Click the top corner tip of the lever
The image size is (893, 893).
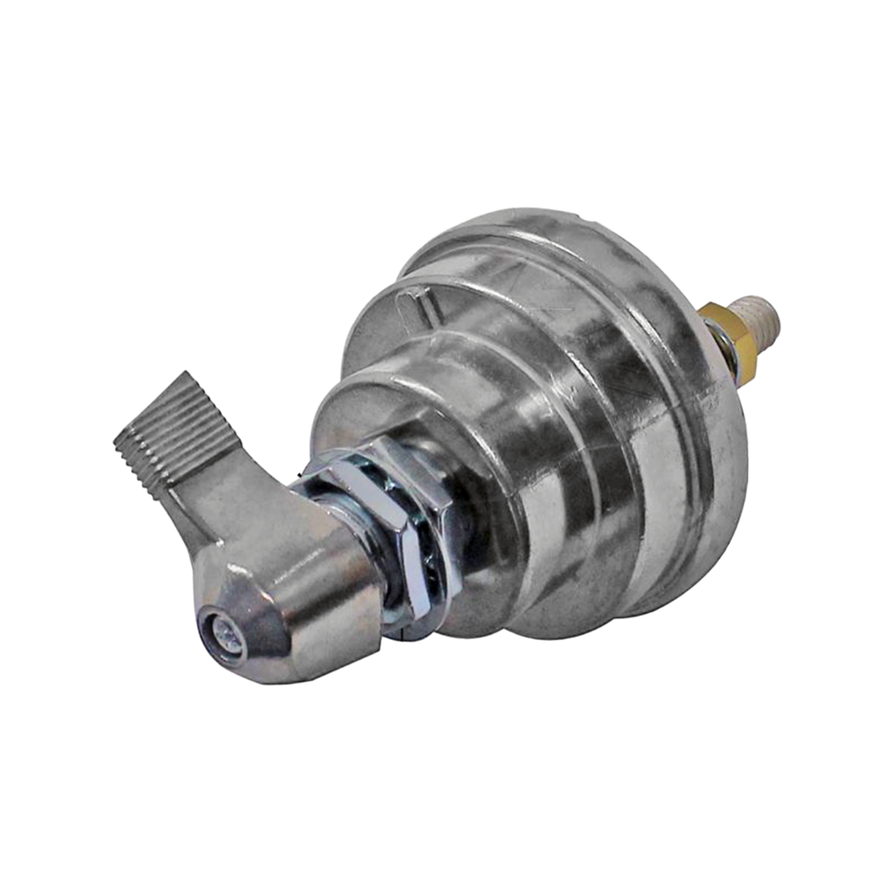click(188, 371)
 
